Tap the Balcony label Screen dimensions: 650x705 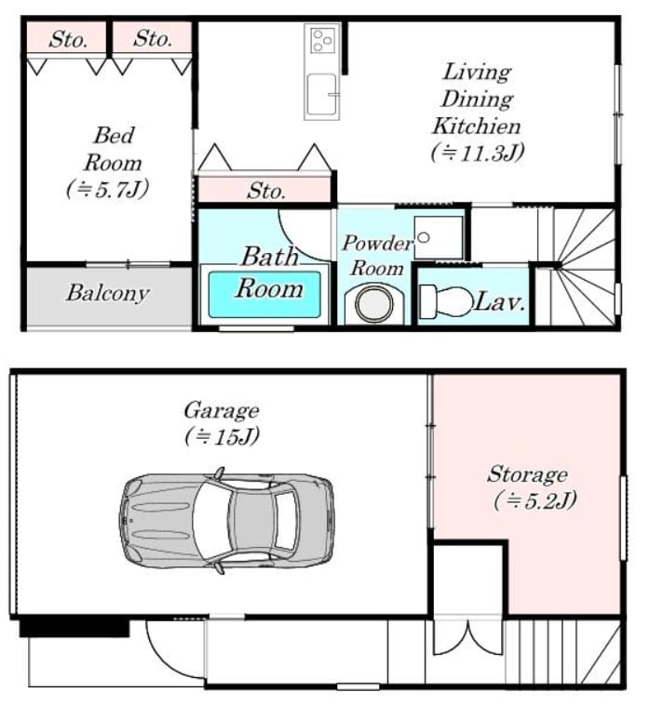pos(108,293)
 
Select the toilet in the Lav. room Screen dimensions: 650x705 pos(446,301)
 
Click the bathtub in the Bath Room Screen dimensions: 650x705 pos(264,295)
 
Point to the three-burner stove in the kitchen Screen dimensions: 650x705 pos(323,40)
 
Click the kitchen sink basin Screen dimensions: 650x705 pos(321,95)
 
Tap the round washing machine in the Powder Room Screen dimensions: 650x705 pos(374,303)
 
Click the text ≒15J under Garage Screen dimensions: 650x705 pos(222,436)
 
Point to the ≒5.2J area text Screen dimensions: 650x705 pos(535,500)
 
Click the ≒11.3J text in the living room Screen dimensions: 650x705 pos(478,153)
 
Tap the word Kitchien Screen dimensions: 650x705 pos(476,126)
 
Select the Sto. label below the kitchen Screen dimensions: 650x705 pos(266,191)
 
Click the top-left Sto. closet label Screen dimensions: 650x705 pos(68,39)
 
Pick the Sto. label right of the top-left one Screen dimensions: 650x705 pos(153,38)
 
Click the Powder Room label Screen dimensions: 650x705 pos(377,256)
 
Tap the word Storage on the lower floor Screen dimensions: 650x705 pos(527,474)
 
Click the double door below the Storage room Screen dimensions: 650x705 pos(468,638)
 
